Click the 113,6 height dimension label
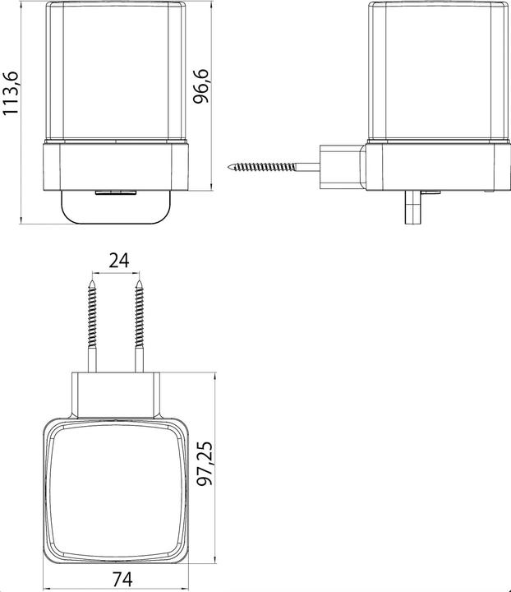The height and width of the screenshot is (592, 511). [10, 93]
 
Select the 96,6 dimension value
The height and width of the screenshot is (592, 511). [200, 86]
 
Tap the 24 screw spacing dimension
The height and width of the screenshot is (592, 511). [119, 260]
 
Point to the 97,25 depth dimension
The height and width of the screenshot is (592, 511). [205, 464]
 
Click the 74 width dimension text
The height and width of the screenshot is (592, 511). [122, 579]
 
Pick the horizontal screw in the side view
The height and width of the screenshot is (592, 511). [274, 166]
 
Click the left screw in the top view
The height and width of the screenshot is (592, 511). [92, 326]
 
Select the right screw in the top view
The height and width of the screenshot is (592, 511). [140, 326]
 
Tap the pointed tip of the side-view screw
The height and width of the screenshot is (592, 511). [228, 166]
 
